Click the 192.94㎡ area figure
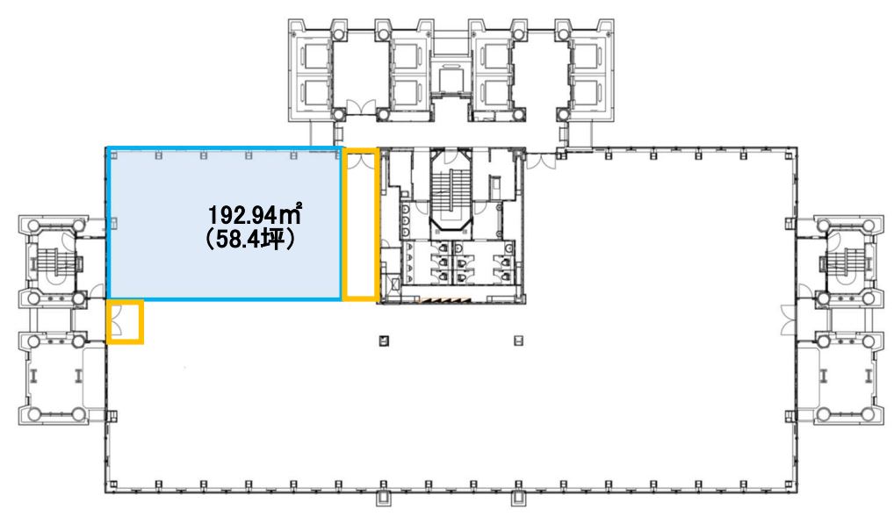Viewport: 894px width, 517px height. [255, 215]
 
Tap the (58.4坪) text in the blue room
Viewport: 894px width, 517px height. [250, 239]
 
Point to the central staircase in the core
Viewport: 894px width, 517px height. [451, 191]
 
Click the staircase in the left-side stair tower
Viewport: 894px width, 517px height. [54, 262]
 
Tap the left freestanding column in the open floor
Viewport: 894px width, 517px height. [385, 341]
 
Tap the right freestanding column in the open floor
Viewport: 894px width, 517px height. [518, 341]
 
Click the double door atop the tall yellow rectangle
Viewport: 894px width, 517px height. [360, 160]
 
